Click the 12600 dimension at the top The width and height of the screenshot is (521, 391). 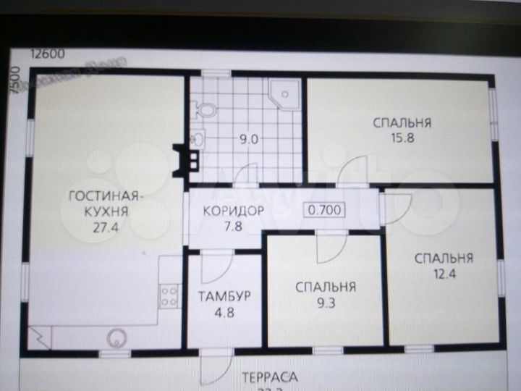click(x=47, y=52)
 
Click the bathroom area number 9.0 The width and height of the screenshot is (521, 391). click(x=249, y=140)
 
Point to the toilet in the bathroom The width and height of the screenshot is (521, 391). click(x=206, y=110)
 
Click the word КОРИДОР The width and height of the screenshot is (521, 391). click(x=232, y=211)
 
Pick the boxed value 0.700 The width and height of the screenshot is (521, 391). click(x=323, y=210)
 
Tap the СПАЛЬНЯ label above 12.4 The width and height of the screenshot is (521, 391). click(x=444, y=257)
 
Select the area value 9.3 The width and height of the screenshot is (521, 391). click(x=326, y=303)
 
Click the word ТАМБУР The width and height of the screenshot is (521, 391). click(x=224, y=296)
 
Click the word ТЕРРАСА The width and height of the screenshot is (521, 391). click(x=270, y=377)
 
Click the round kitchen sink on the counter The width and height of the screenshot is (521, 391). click(x=115, y=337)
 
